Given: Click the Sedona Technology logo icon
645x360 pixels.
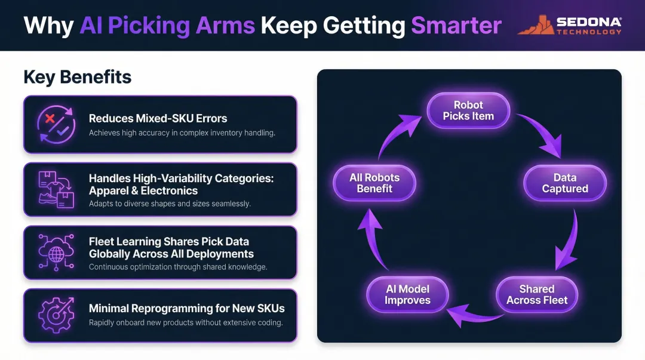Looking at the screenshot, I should (536, 24).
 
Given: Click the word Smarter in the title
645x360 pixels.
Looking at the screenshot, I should (456, 25).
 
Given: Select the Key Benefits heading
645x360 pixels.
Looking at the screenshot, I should (77, 77).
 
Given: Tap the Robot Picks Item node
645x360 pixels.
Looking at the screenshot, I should (468, 110).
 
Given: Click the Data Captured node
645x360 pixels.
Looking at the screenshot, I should (564, 183).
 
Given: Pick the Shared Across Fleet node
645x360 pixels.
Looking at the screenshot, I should (536, 294).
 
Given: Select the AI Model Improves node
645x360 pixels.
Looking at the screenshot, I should (407, 294).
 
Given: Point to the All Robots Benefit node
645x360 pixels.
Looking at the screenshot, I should (374, 183).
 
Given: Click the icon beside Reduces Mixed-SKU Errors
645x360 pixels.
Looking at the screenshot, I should (56, 124).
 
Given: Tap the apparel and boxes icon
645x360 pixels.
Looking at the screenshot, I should (56, 189).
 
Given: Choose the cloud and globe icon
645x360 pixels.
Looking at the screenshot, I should (56, 252).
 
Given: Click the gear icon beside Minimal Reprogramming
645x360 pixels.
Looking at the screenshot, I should (56, 315).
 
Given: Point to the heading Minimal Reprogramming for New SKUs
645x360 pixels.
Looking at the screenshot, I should (186, 309).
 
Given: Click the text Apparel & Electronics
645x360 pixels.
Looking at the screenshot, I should (143, 190).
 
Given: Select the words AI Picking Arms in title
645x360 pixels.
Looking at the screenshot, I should (167, 25).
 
